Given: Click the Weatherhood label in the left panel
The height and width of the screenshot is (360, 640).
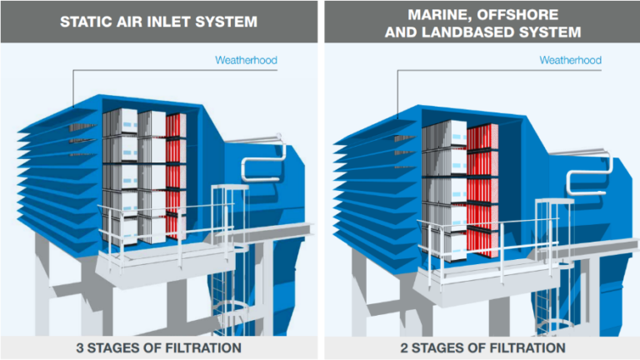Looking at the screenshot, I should tap(246, 60).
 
